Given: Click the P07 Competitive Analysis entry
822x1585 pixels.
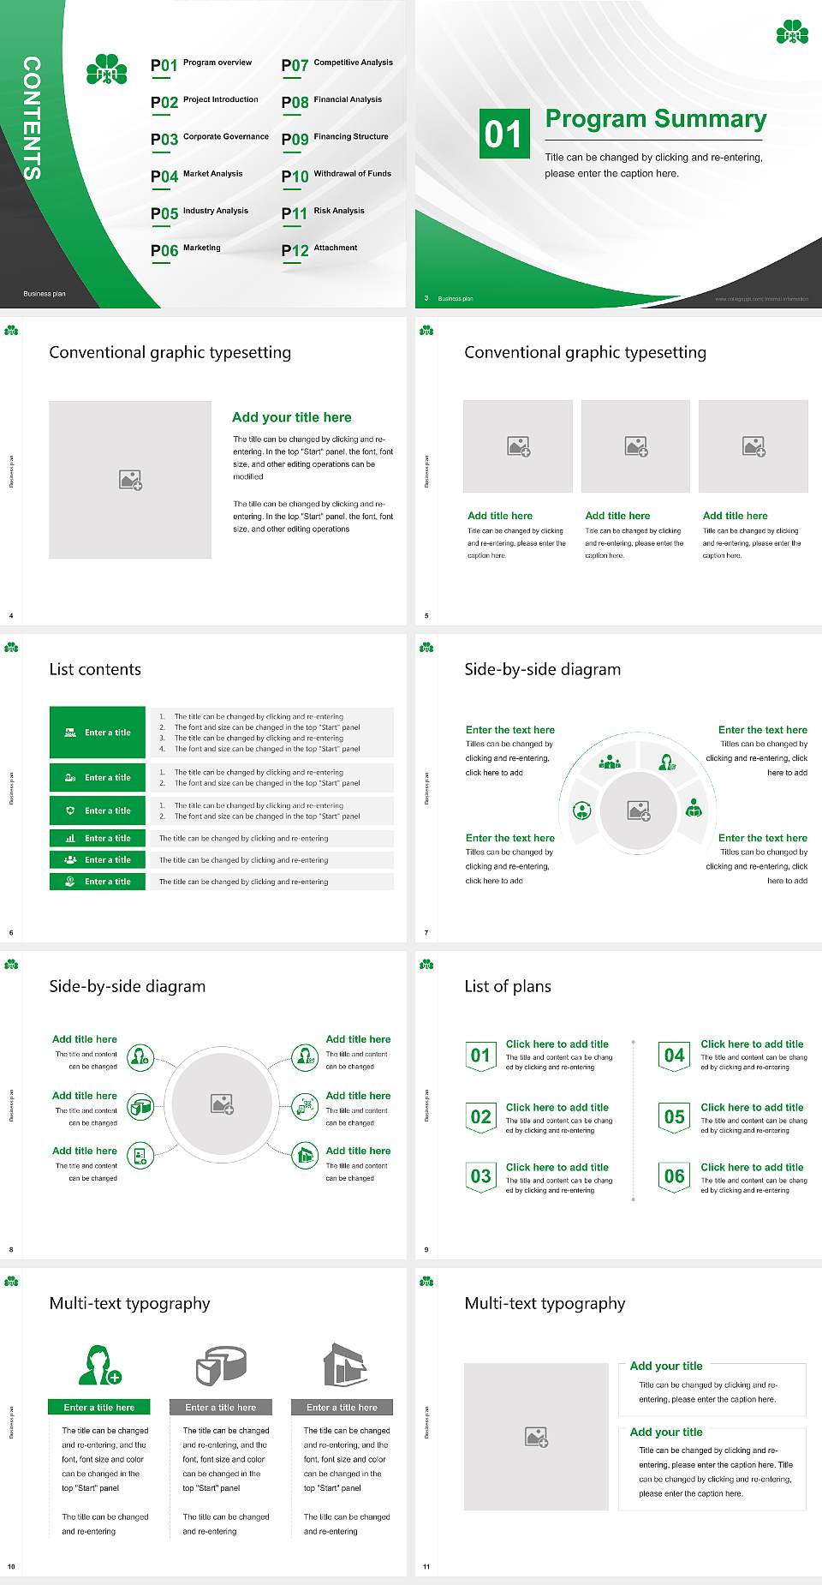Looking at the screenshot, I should [337, 64].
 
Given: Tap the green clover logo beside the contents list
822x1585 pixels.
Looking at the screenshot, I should [107, 70].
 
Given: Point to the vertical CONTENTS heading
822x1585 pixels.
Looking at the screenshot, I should [32, 118].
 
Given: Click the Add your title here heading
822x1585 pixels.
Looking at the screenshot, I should [291, 417].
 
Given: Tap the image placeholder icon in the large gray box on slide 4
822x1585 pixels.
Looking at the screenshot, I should [130, 480].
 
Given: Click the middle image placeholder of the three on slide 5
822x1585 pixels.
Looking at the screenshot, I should [635, 446].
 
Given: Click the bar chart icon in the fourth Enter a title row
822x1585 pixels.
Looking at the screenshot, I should [70, 839].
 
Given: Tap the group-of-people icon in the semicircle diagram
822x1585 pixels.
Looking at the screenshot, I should [610, 761].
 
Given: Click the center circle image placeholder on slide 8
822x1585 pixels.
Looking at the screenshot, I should [223, 1104].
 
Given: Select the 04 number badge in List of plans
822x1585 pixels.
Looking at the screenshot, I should [675, 1056].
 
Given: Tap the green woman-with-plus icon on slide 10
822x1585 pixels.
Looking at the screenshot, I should [99, 1366].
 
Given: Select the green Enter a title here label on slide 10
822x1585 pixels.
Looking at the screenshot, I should [99, 1407].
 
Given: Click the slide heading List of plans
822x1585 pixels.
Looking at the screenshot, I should [508, 986].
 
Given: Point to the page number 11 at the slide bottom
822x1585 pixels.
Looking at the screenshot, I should [426, 1566].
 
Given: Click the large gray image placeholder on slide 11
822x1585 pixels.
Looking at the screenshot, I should [536, 1437].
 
